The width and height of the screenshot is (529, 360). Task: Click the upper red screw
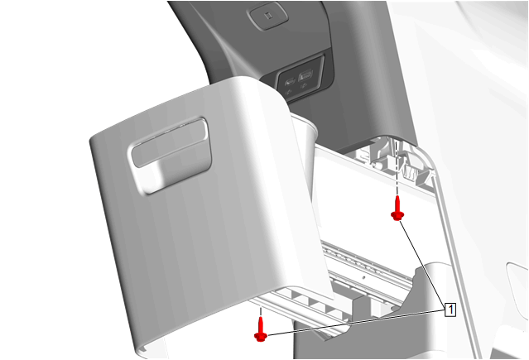pyautogui.click(x=397, y=209)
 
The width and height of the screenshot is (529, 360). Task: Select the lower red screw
pyautogui.click(x=261, y=329)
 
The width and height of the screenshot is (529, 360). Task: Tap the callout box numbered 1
pyautogui.click(x=450, y=310)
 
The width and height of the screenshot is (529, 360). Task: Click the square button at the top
pyautogui.click(x=268, y=15)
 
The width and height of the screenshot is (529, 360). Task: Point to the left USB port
pyautogui.click(x=290, y=82)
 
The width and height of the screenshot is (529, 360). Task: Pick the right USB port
pyautogui.click(x=305, y=74)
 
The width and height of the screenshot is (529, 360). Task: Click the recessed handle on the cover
pyautogui.click(x=171, y=156)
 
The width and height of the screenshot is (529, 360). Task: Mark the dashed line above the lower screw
pyautogui.click(x=260, y=311)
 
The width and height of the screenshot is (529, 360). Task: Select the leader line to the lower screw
pyautogui.click(x=356, y=323)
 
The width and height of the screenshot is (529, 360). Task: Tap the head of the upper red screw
pyautogui.click(x=397, y=216)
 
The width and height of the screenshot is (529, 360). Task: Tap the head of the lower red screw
pyautogui.click(x=261, y=337)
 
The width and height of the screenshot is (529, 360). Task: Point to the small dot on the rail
pyautogui.click(x=363, y=278)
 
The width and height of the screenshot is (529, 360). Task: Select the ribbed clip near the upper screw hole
pyautogui.click(x=411, y=173)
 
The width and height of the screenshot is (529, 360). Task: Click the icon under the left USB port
pyautogui.click(x=288, y=92)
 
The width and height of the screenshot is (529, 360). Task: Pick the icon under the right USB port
pyautogui.click(x=303, y=86)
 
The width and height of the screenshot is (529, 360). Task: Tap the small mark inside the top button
pyautogui.click(x=268, y=16)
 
